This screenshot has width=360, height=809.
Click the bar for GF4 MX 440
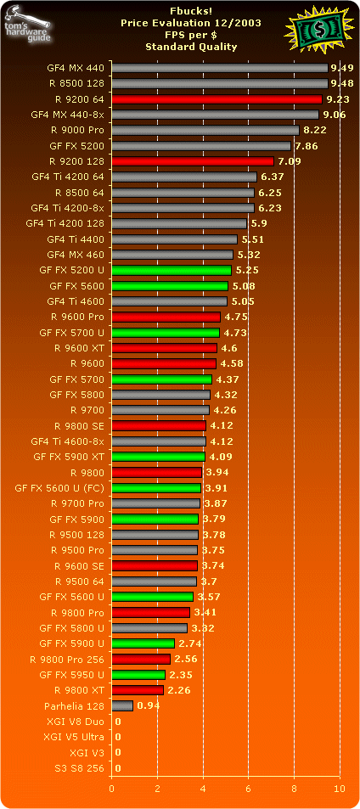[219, 68]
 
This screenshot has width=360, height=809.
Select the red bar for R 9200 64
[217, 98]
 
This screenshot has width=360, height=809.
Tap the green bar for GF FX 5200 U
[171, 270]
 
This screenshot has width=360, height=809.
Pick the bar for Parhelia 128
[122, 705]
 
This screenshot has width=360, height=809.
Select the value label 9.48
[341, 83]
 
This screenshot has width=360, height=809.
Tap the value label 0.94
[148, 705]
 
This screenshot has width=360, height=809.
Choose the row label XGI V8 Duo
[76, 721]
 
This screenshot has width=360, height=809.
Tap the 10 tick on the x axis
[340, 788]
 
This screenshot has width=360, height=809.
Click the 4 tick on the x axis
[203, 788]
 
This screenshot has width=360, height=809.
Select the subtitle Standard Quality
[180, 48]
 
